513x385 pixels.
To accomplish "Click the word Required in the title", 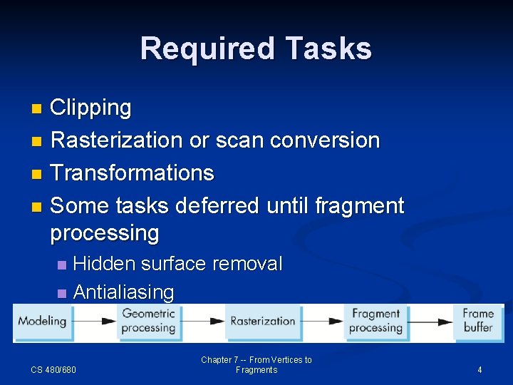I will pos(207,49).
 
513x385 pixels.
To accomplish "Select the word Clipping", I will pos(91,108).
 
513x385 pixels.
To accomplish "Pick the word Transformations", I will pos(133,173).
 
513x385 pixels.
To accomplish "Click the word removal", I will pos(247,264).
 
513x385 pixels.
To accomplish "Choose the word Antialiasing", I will pos(123,292).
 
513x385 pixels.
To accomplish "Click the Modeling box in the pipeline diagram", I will pos(41,322).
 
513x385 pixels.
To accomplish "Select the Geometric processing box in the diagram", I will pos(148,321).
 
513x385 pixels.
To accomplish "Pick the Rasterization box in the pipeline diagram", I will pos(262,322).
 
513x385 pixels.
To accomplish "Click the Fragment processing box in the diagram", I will pos(375,321).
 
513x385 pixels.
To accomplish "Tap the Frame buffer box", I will pos(477,321).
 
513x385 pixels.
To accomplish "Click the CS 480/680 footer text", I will pos(53,369).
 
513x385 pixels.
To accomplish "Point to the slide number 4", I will pos(480,369).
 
